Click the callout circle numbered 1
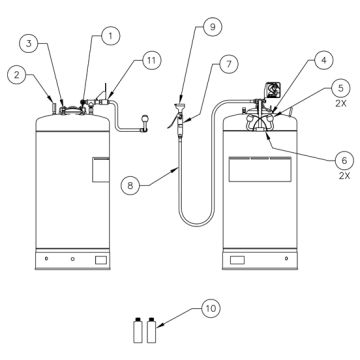[111, 35]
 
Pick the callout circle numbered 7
[229, 65]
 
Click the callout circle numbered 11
[150, 61]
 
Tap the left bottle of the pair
[138, 329]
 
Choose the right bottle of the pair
[152, 329]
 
